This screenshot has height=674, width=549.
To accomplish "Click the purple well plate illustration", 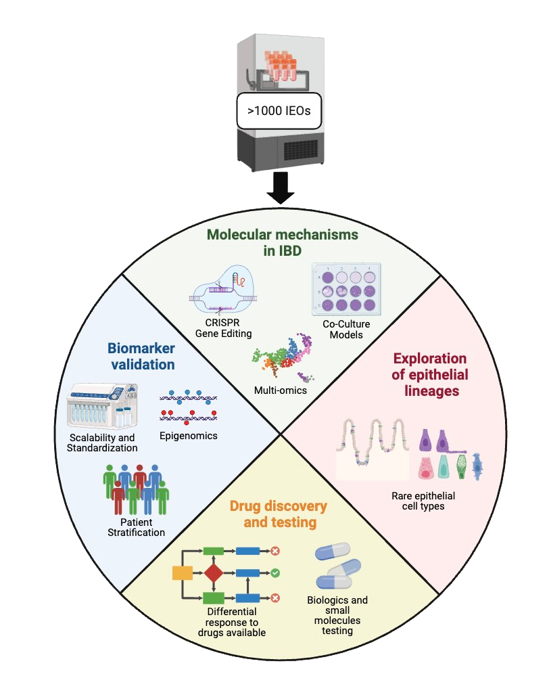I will pos(345,290).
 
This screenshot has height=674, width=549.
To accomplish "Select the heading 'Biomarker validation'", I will pos(141,356).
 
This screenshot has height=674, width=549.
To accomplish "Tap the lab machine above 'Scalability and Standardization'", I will pos(102,406).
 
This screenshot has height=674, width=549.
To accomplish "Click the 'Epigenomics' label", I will pos(189,436).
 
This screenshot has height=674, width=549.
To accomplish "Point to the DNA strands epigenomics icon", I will pos(189,408).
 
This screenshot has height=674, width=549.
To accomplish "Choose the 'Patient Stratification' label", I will pos(136,527).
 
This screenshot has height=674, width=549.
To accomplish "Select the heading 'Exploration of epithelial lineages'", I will pos(429,374).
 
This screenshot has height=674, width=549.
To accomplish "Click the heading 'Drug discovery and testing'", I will pos(278,514).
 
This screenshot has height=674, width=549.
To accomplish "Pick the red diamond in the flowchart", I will pos(214,574).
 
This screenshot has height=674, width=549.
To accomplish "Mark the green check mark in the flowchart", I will pos(276,573).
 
